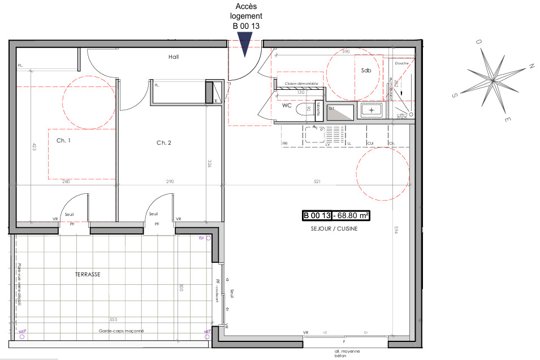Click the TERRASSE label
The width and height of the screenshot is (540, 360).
tap(88, 274)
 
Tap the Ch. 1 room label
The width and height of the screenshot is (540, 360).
tap(63, 141)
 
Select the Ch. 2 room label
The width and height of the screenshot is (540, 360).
tap(164, 143)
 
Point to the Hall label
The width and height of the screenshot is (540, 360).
tap(174, 57)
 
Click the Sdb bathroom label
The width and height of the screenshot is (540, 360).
tap(366, 70)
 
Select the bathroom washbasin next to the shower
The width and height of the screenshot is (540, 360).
tap(371, 110)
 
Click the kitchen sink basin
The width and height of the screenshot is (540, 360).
tap(313, 135)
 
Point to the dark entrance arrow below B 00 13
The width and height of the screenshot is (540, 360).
tap(244, 44)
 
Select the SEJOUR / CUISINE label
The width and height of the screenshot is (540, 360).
tap(334, 229)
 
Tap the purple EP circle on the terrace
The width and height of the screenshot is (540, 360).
tap(208, 239)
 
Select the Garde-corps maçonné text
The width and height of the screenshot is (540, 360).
tap(122, 331)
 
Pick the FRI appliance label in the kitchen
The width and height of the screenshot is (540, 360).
tap(285, 144)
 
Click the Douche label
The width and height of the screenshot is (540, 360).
tap(401, 64)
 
